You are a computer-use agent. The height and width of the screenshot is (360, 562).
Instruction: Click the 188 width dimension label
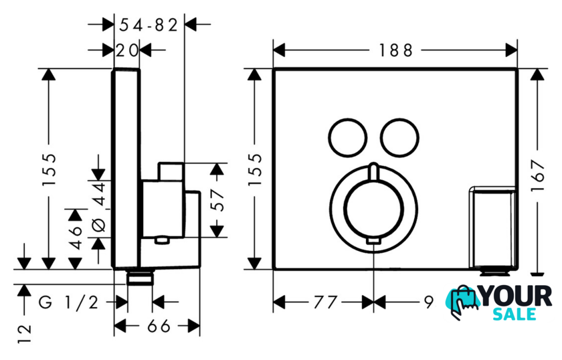click(395, 50)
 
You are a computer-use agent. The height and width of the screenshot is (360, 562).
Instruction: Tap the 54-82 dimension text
click(149, 25)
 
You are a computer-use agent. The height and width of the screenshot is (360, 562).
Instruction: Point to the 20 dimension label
click(126, 50)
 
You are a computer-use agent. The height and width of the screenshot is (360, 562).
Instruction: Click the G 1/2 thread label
click(68, 302)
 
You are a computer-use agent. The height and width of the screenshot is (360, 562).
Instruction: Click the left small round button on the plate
click(348, 137)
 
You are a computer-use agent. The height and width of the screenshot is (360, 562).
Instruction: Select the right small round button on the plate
click(399, 137)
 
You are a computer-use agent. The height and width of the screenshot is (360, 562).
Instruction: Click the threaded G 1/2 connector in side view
click(140, 276)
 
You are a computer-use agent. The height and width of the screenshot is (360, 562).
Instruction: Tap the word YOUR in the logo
click(517, 295)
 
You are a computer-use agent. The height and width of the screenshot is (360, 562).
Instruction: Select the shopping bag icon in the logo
click(465, 300)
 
